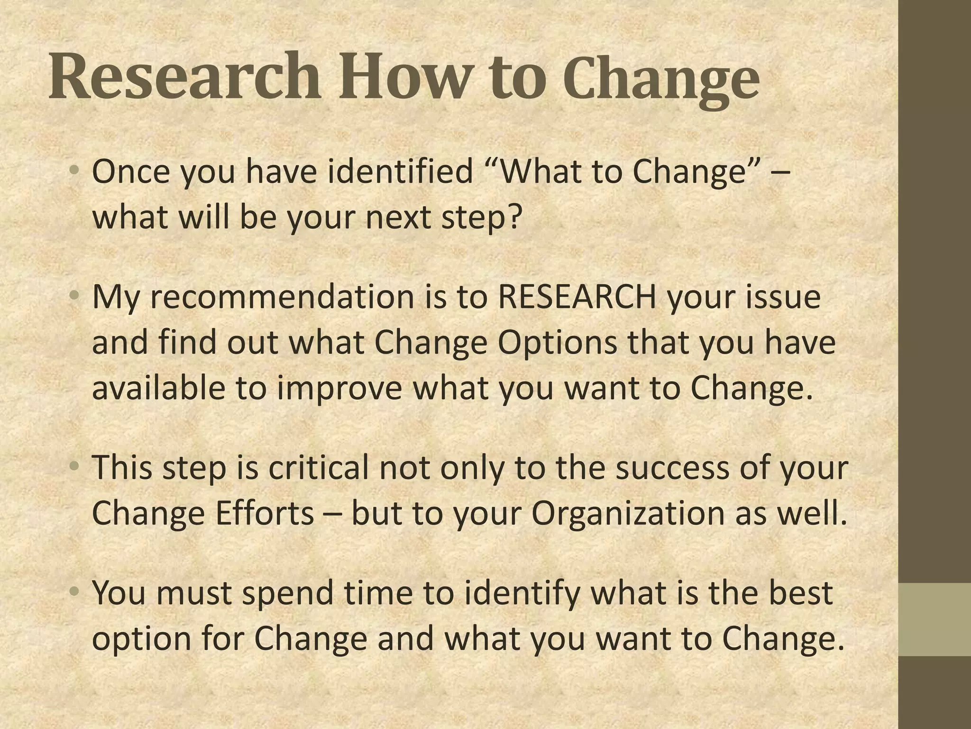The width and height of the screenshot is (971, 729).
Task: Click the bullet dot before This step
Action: [x=73, y=467]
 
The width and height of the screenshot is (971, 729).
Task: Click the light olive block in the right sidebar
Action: [x=934, y=619]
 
